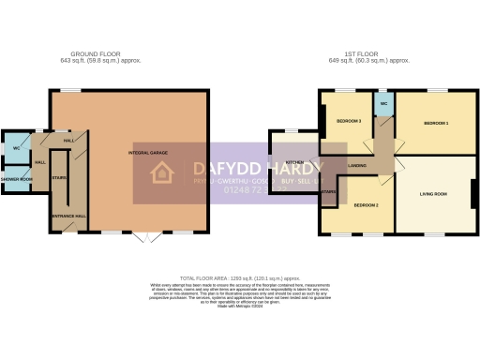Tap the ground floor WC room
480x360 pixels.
(x=16, y=149)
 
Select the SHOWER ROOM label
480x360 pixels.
(x=16, y=178)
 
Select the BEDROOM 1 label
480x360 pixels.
(x=436, y=124)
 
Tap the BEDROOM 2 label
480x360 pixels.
(x=366, y=203)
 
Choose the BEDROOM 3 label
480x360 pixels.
(x=349, y=121)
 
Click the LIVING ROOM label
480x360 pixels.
(x=433, y=194)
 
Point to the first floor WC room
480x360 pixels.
(x=384, y=103)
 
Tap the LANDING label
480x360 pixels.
(x=357, y=166)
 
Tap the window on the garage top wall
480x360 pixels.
(x=71, y=90)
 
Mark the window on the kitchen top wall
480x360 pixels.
(x=291, y=131)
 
